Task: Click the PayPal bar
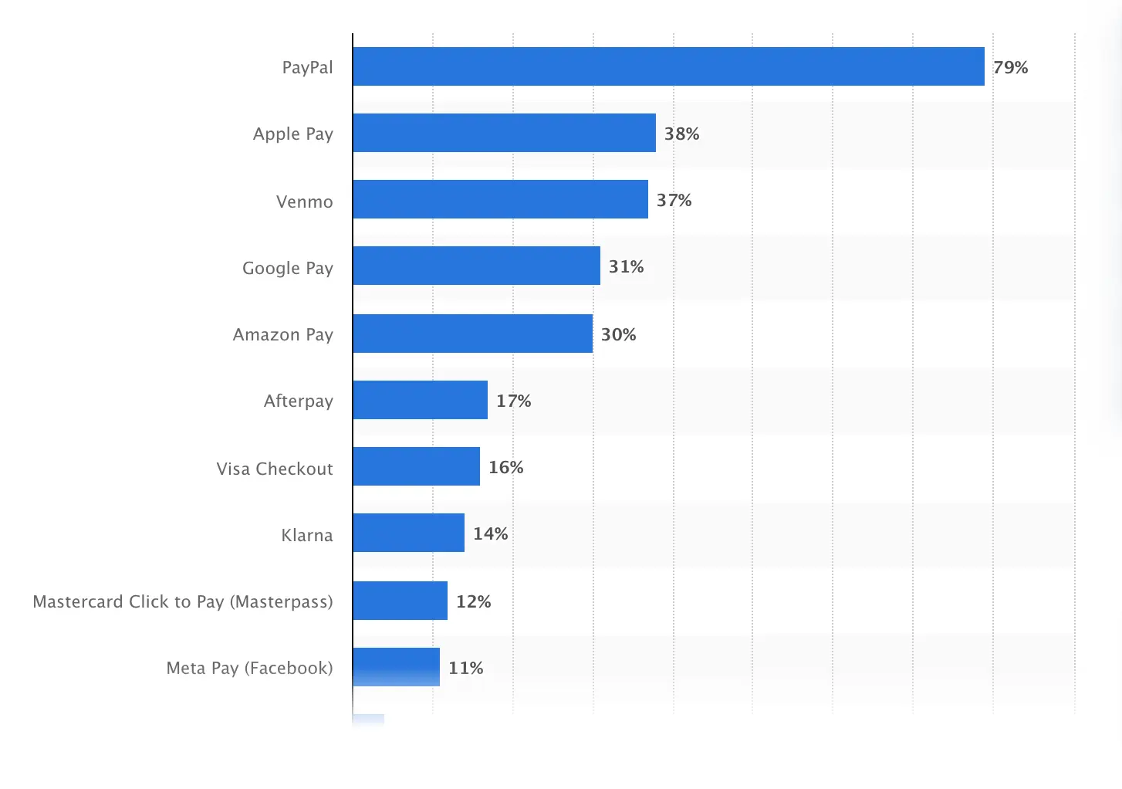668,66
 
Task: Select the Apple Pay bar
504,133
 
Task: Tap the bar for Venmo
500,199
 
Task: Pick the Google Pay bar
476,266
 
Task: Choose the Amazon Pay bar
472,334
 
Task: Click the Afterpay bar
420,400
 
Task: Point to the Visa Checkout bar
416,466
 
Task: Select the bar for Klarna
408,533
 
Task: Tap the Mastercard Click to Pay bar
400,601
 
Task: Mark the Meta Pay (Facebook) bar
396,667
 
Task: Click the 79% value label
1010,68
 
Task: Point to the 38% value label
681,134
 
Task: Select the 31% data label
626,267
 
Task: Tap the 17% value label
513,401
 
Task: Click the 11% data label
465,669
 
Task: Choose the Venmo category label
304,202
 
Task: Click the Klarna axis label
306,536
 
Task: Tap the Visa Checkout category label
274,469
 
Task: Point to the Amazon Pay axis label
282,335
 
